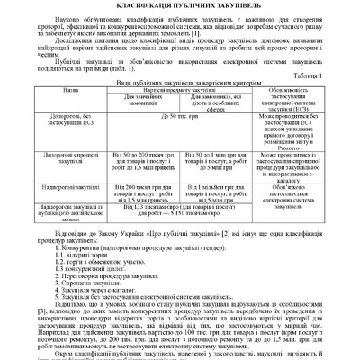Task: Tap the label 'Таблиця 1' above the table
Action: pos(333,76)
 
